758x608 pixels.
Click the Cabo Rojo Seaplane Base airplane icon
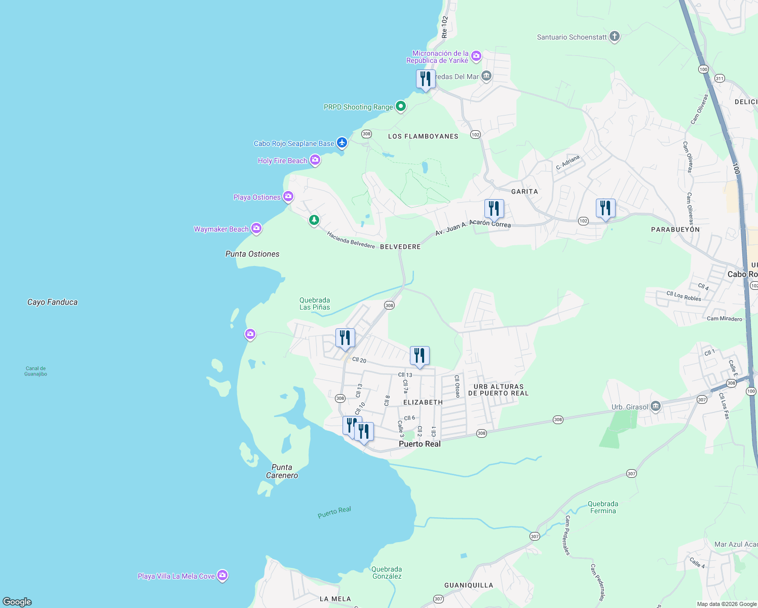[342, 143]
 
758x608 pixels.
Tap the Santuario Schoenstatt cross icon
[614, 36]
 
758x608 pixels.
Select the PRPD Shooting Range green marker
[400, 106]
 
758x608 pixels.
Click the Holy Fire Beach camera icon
[315, 161]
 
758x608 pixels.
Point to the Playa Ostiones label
[257, 197]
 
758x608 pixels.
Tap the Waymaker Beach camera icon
[256, 229]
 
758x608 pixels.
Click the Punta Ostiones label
[252, 254]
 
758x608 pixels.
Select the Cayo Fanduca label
[52, 302]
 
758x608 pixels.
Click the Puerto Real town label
[420, 444]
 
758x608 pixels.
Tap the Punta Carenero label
[282, 471]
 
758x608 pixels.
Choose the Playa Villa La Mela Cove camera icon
[222, 576]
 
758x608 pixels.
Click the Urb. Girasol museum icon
[655, 406]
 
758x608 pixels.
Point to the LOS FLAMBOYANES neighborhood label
[423, 136]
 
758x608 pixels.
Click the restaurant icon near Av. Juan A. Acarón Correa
[494, 208]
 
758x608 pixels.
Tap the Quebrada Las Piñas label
[315, 303]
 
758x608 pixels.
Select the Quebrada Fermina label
[602, 507]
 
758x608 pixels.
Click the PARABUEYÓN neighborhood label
[675, 230]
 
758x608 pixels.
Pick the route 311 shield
[719, 79]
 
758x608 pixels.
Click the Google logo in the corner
[17, 601]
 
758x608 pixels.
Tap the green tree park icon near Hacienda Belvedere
[314, 220]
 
